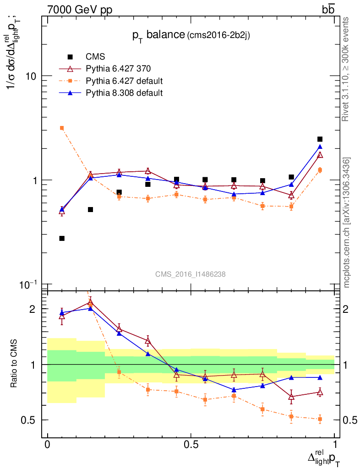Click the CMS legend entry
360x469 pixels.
click(95, 57)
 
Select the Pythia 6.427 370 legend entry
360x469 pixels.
click(118, 69)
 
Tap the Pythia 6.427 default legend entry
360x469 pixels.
click(124, 81)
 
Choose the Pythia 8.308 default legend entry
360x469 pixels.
click(124, 93)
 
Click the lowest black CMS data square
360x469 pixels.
click(62, 238)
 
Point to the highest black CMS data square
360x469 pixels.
click(320, 139)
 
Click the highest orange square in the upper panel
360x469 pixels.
click(62, 128)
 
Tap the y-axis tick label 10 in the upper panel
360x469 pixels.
click(31, 76)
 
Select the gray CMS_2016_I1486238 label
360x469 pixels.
click(190, 274)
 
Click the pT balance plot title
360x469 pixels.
click(191, 36)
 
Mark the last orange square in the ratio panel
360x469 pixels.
click(320, 419)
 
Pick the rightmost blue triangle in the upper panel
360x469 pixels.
click(320, 147)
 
